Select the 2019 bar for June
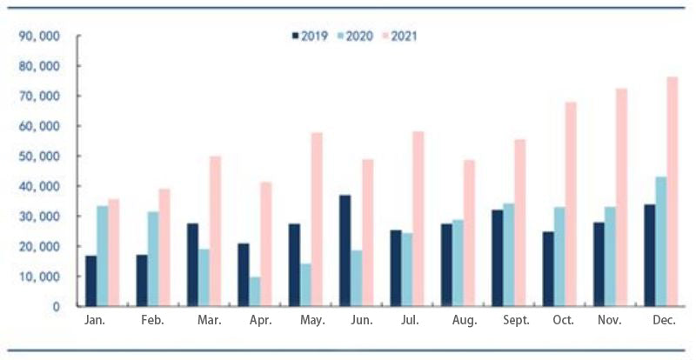[x=345, y=250]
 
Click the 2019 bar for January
[x=90, y=280]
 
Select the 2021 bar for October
[x=571, y=204]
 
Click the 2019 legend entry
[x=308, y=37]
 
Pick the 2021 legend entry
[x=401, y=37]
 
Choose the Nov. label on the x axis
[x=609, y=321]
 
